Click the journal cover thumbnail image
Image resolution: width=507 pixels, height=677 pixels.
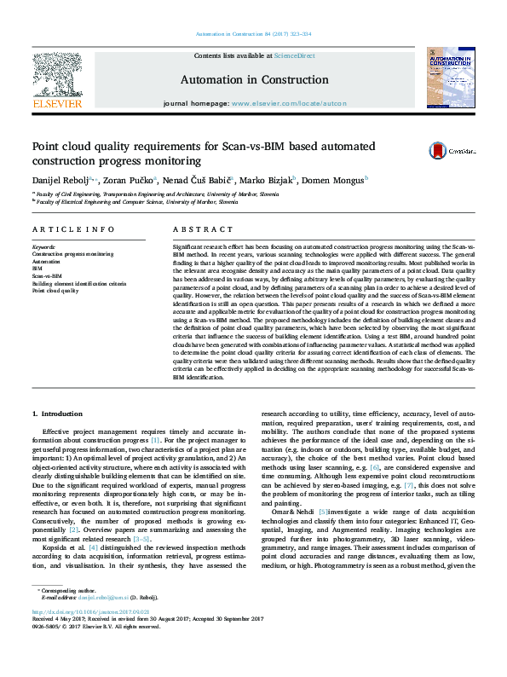pos(449,78)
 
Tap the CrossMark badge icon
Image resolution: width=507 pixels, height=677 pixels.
pos(450,150)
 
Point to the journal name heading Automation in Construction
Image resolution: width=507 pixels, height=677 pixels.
pos(253,79)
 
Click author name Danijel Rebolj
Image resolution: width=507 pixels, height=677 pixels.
pos(60,182)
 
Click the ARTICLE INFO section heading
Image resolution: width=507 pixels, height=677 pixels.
pos(72,229)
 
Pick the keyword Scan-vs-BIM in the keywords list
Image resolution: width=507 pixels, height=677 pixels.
pos(47,276)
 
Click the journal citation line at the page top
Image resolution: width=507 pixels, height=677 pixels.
pos(253,34)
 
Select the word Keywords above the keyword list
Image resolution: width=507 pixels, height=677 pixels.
pos(43,246)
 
